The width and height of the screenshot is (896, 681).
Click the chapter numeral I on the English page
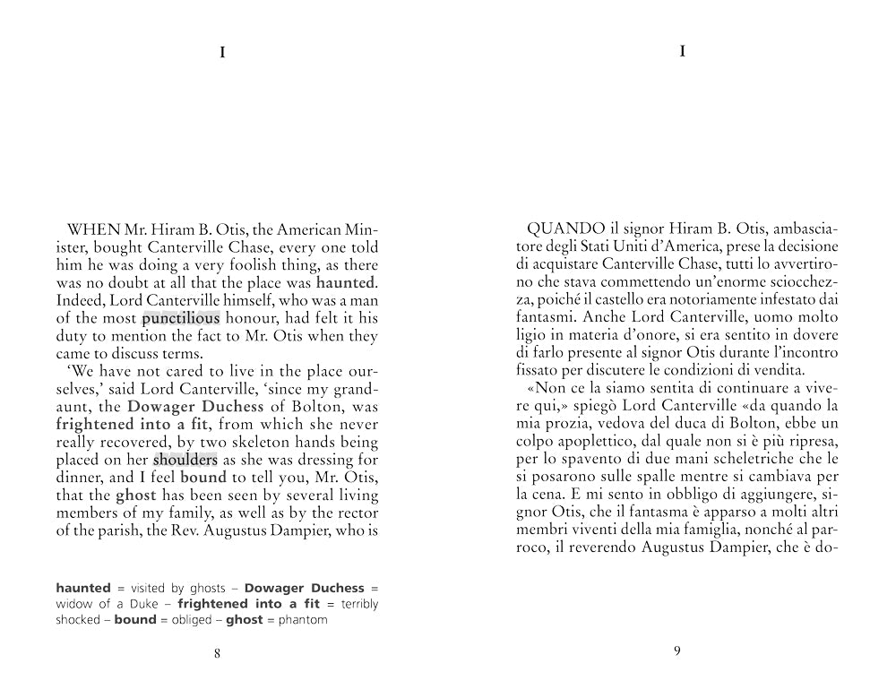222,53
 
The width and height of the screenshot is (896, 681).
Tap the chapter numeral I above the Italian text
683,51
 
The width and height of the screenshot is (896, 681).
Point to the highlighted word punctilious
180,318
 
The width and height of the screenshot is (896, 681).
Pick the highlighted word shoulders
185,460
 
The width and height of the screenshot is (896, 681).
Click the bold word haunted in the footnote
83,588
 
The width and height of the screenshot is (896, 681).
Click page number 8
218,653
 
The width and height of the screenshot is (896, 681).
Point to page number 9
676,651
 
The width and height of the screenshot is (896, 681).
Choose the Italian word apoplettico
599,441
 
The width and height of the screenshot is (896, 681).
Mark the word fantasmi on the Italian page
547,317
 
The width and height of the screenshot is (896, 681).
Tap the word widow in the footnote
75,604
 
